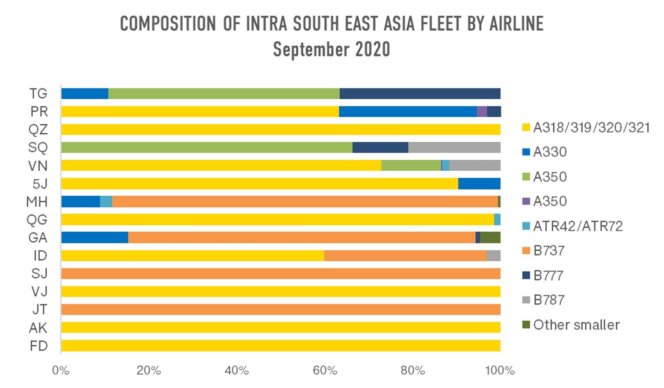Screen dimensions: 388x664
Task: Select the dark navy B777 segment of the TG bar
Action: tap(420, 94)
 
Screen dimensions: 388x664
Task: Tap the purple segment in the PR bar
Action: tap(482, 112)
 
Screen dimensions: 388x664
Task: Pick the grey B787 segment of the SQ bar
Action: tap(454, 147)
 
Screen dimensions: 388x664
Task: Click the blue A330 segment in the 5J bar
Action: tap(479, 184)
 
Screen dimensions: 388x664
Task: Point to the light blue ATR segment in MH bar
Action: tap(106, 202)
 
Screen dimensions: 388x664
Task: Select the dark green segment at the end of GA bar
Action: tap(490, 238)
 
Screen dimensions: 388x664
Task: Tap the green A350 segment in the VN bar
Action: tap(411, 165)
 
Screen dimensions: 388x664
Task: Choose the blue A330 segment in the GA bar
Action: tap(95, 238)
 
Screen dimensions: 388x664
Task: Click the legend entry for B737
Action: tap(549, 250)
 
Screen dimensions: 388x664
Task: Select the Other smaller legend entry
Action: tap(576, 325)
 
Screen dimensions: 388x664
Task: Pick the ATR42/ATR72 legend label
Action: tap(578, 226)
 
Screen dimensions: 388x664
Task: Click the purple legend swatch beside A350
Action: tap(526, 201)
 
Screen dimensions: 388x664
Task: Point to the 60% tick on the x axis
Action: tap(325, 370)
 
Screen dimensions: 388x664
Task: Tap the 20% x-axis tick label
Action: tap(148, 370)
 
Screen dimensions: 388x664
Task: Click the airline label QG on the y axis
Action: tap(37, 220)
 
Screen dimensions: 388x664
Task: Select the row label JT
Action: tap(39, 309)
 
